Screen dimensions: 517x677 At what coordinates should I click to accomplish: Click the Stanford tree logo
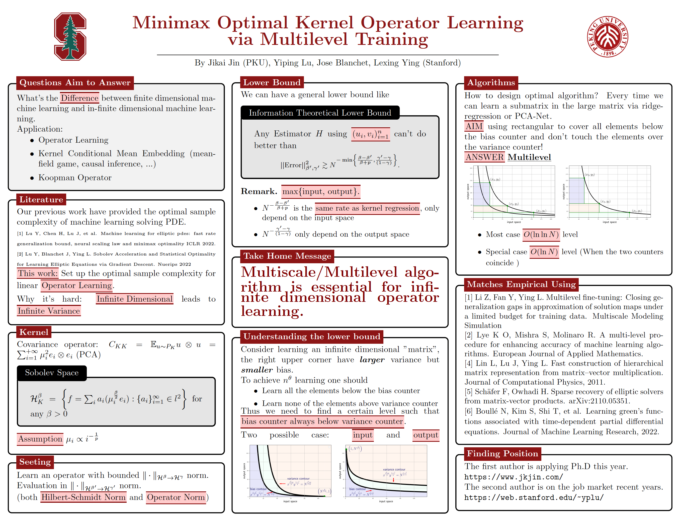click(70, 36)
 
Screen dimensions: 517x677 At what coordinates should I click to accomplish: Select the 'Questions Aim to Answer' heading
click(75, 83)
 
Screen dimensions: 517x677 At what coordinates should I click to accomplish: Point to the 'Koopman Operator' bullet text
click(75, 178)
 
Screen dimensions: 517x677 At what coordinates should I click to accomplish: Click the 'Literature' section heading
click(41, 199)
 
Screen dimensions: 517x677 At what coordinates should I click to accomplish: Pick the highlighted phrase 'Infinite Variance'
click(49, 311)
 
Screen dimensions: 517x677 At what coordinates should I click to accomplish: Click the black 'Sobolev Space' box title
click(52, 373)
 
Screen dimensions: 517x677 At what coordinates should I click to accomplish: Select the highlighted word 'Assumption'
click(40, 439)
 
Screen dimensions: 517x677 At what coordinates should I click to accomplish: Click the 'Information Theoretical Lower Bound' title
click(320, 113)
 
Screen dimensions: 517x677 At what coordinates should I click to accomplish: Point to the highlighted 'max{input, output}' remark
click(320, 191)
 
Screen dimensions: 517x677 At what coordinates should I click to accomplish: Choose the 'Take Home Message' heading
click(287, 256)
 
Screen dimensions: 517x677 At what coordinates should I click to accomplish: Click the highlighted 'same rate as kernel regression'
click(367, 208)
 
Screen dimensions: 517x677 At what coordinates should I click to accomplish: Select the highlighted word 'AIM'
click(474, 126)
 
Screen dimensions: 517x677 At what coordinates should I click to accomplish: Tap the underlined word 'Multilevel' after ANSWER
click(529, 157)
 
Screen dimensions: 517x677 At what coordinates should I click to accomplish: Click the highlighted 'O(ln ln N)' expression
click(541, 234)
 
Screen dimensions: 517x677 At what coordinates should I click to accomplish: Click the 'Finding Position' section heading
click(502, 454)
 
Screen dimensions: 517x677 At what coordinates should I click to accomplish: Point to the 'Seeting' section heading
click(35, 462)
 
